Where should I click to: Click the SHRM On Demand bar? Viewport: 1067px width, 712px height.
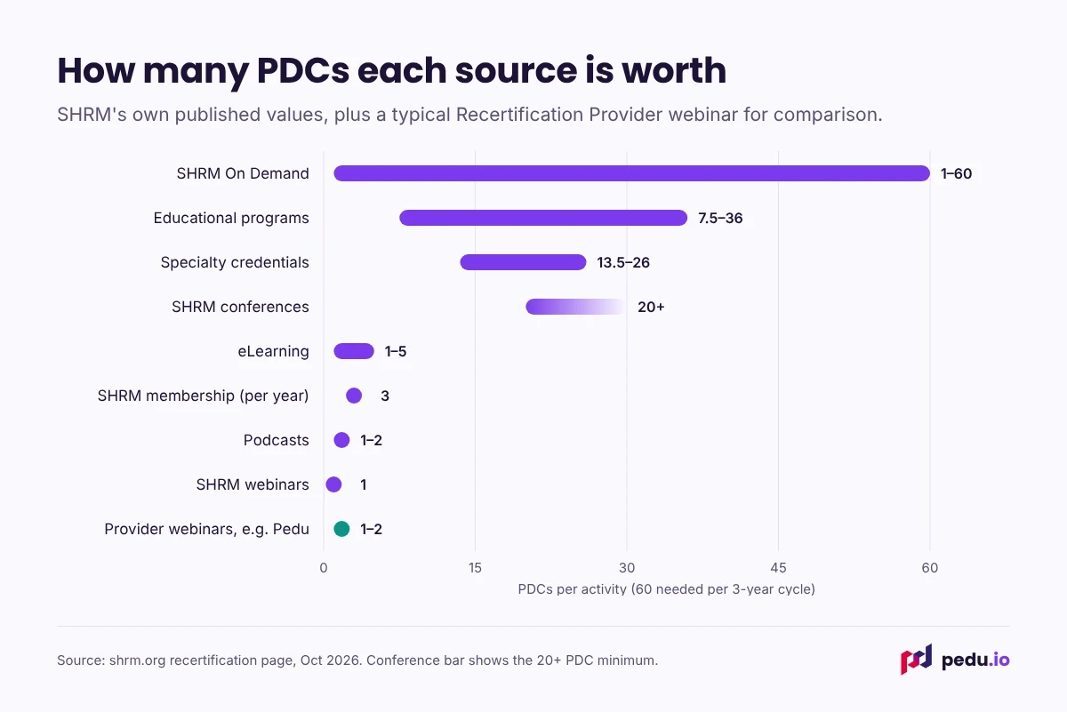631,173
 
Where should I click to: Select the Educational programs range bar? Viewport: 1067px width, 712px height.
543,218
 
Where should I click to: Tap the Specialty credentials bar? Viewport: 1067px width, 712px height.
523,262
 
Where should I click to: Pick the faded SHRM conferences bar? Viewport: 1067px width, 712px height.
576,307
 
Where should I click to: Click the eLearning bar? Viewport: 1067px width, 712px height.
354,351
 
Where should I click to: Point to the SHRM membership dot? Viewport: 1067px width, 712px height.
354,396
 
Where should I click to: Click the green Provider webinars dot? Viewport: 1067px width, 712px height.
341,529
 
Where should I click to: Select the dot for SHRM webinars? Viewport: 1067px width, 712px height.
333,484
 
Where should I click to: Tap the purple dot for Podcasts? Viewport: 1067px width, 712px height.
341,440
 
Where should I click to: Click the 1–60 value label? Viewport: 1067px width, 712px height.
956,173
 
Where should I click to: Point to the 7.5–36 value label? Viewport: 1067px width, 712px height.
720,218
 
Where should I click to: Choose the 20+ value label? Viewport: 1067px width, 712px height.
651,307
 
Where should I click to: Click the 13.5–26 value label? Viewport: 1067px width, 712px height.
623,262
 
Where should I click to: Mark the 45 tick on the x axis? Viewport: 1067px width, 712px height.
778,568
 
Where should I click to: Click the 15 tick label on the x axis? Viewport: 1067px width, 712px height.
475,568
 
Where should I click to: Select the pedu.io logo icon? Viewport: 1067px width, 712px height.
916,660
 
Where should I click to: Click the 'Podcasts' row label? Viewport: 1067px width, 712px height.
277,440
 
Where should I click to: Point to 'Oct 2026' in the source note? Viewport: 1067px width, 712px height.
329,660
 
